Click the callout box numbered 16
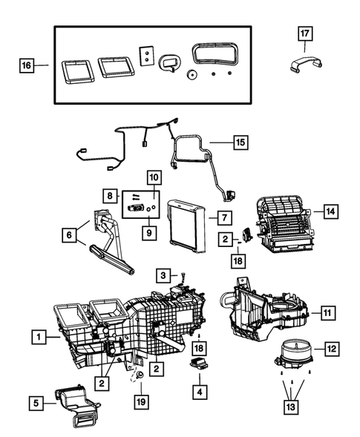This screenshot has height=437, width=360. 25,66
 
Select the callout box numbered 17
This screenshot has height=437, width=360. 305,33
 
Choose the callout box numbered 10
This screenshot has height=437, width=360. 154,178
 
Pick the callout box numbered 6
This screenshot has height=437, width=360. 69,234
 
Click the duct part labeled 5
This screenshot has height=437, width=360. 78,407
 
